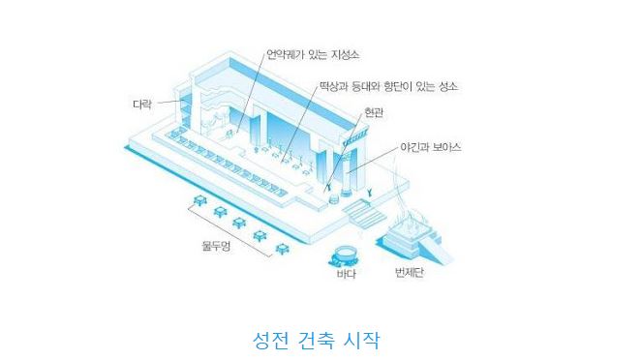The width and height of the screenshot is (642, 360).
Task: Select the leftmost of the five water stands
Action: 199,201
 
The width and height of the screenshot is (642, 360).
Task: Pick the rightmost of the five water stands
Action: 282,248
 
